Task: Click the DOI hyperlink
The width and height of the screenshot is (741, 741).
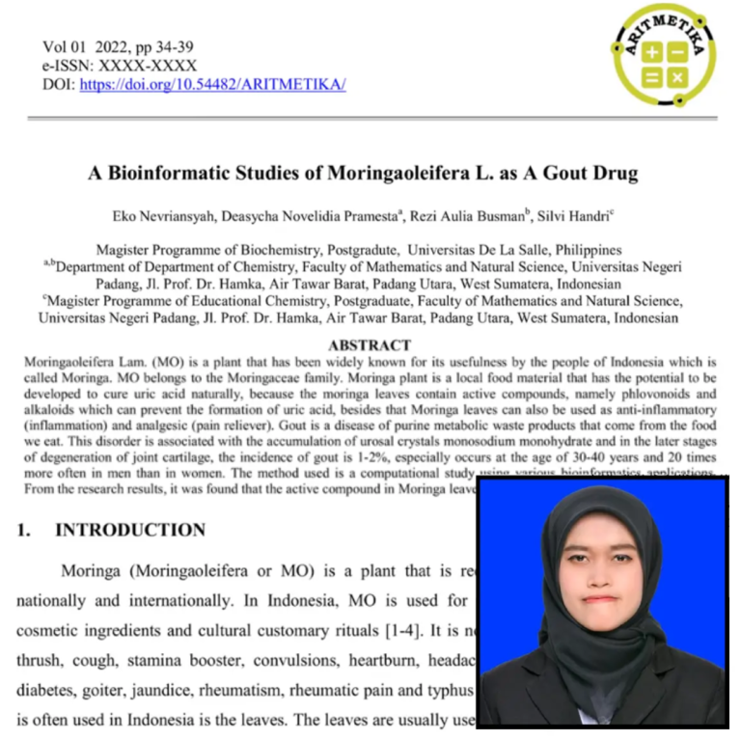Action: click(x=212, y=85)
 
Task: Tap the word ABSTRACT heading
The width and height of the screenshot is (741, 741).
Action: click(x=370, y=344)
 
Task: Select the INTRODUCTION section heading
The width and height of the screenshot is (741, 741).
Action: click(x=130, y=530)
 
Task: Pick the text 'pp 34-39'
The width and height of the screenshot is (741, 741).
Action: click(x=163, y=46)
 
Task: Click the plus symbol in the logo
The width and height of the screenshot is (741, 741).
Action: click(x=652, y=52)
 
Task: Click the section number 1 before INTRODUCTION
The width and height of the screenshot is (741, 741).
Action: click(x=24, y=530)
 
